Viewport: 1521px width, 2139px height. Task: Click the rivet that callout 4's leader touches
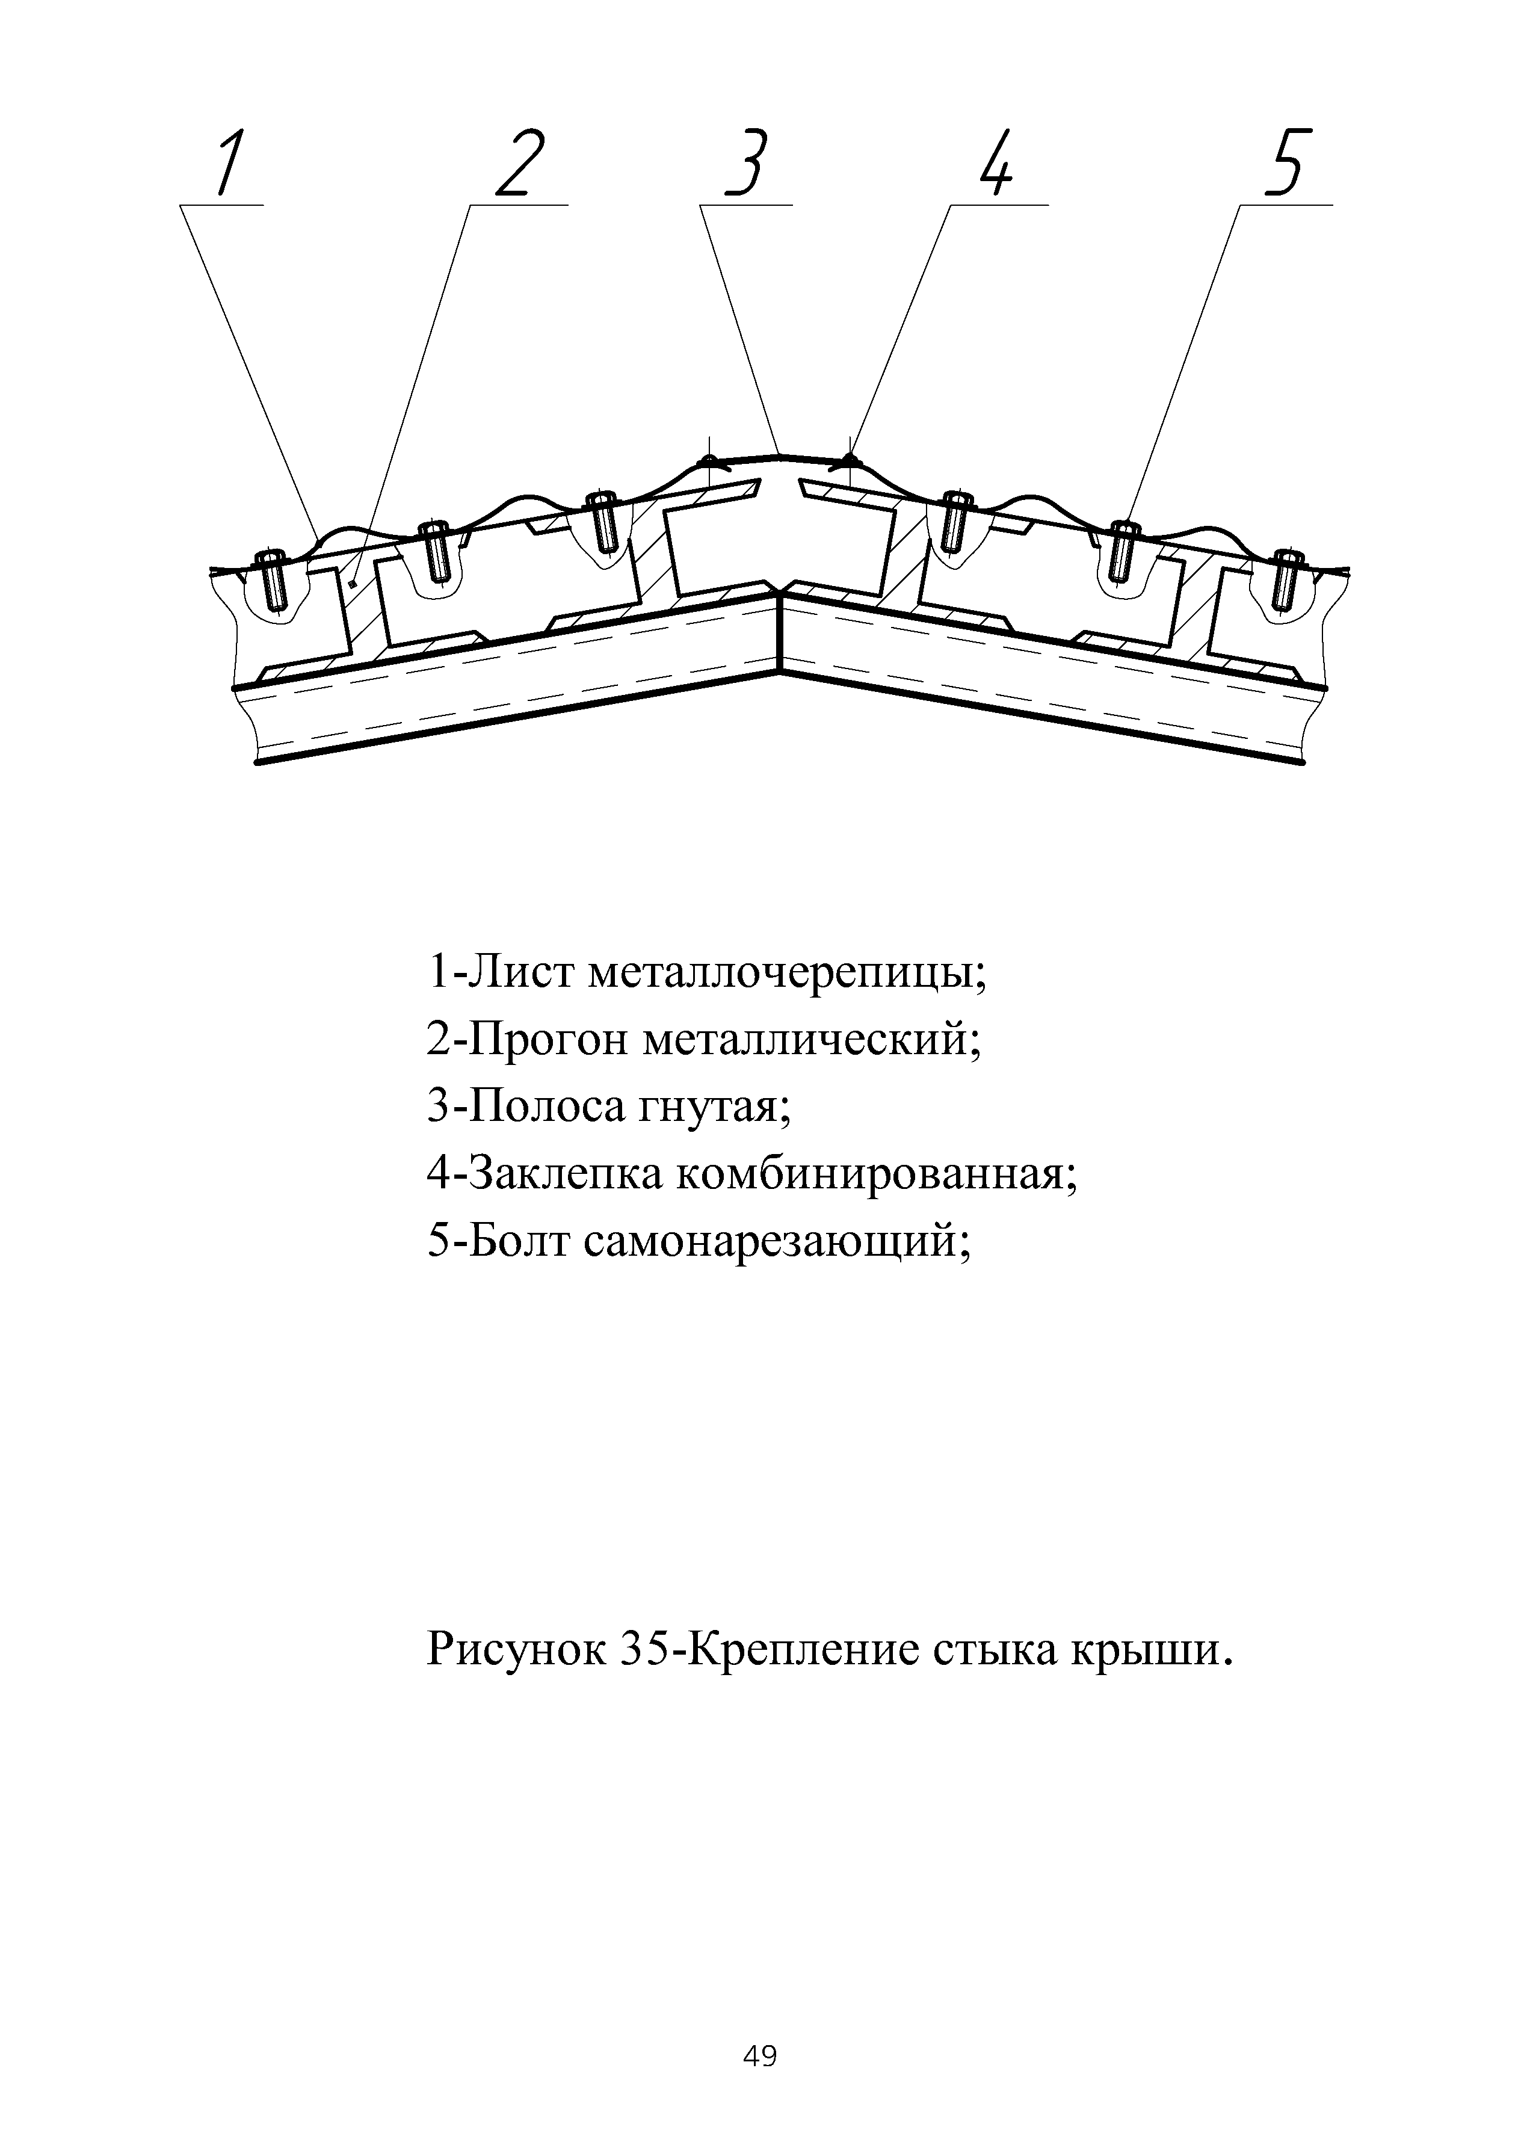850,460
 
